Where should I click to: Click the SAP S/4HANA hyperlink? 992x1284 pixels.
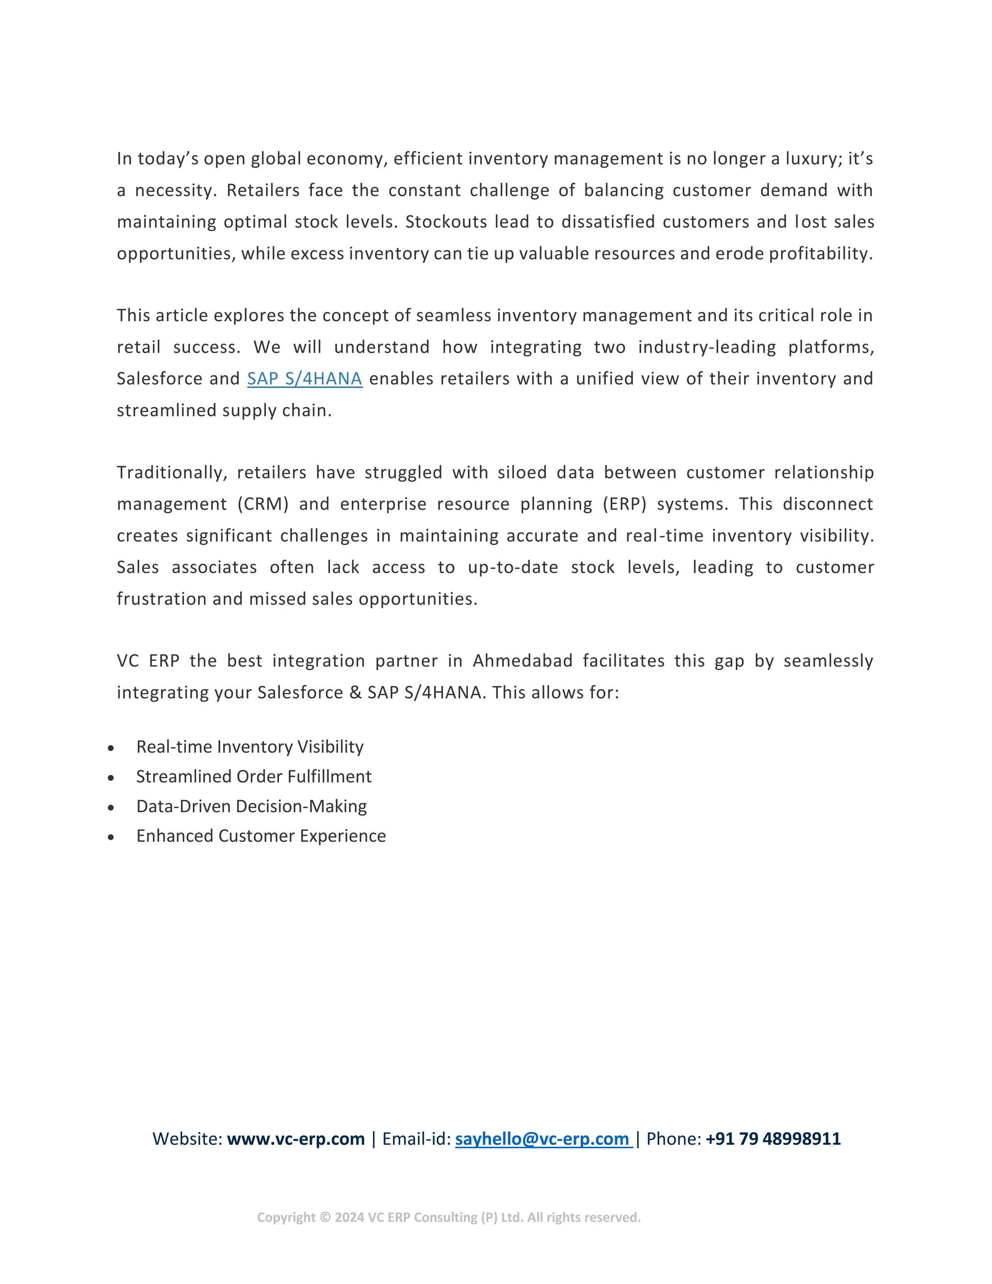(304, 378)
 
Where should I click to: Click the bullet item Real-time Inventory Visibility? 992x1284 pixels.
(250, 747)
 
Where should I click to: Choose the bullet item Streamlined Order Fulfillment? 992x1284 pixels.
(254, 777)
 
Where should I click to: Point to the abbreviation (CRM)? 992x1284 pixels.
(263, 504)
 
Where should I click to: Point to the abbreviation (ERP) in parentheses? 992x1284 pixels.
(624, 504)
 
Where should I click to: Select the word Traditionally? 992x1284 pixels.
(171, 473)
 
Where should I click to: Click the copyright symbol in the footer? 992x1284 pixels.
(325, 1218)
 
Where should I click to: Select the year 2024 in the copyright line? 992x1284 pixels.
(349, 1218)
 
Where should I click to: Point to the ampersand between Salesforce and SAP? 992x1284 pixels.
(355, 692)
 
